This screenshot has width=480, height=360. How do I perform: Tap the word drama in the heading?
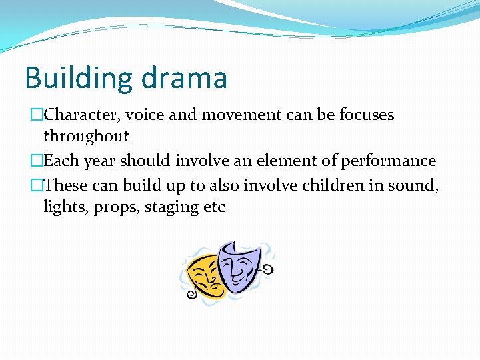click(x=185, y=77)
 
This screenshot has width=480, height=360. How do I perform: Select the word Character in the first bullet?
click(x=82, y=115)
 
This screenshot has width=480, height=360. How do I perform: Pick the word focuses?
click(x=366, y=115)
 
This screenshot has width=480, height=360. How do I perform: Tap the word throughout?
click(x=86, y=137)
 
